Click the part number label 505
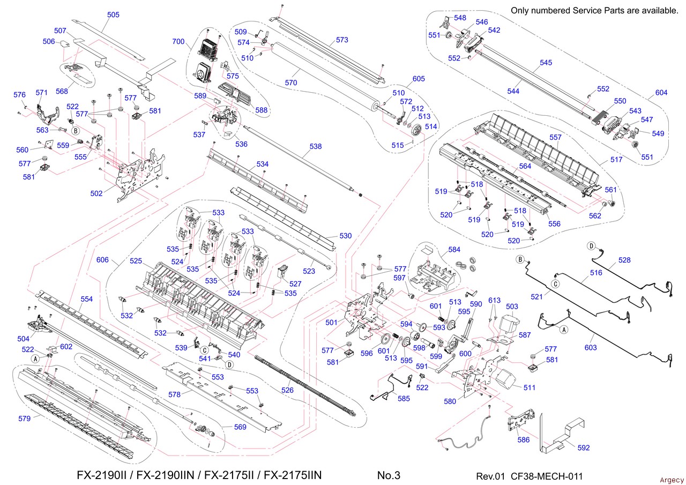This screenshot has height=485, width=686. pyautogui.click(x=113, y=15)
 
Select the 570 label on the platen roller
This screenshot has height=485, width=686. pyautogui.click(x=291, y=83)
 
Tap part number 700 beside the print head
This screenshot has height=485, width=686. pyautogui.click(x=179, y=41)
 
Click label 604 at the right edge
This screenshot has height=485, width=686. pyautogui.click(x=661, y=93)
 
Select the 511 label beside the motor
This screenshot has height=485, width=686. pyautogui.click(x=530, y=387)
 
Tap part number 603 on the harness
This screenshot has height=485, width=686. pyautogui.click(x=591, y=348)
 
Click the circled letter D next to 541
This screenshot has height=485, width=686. pyautogui.click(x=229, y=365)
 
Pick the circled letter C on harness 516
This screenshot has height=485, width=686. pyautogui.click(x=556, y=283)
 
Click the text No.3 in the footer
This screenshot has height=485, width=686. pyautogui.click(x=389, y=475)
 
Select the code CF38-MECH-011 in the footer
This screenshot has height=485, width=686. pyautogui.click(x=547, y=476)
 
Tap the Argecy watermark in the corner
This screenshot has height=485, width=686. pyautogui.click(x=672, y=480)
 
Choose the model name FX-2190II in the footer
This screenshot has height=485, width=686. pyautogui.click(x=102, y=475)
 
